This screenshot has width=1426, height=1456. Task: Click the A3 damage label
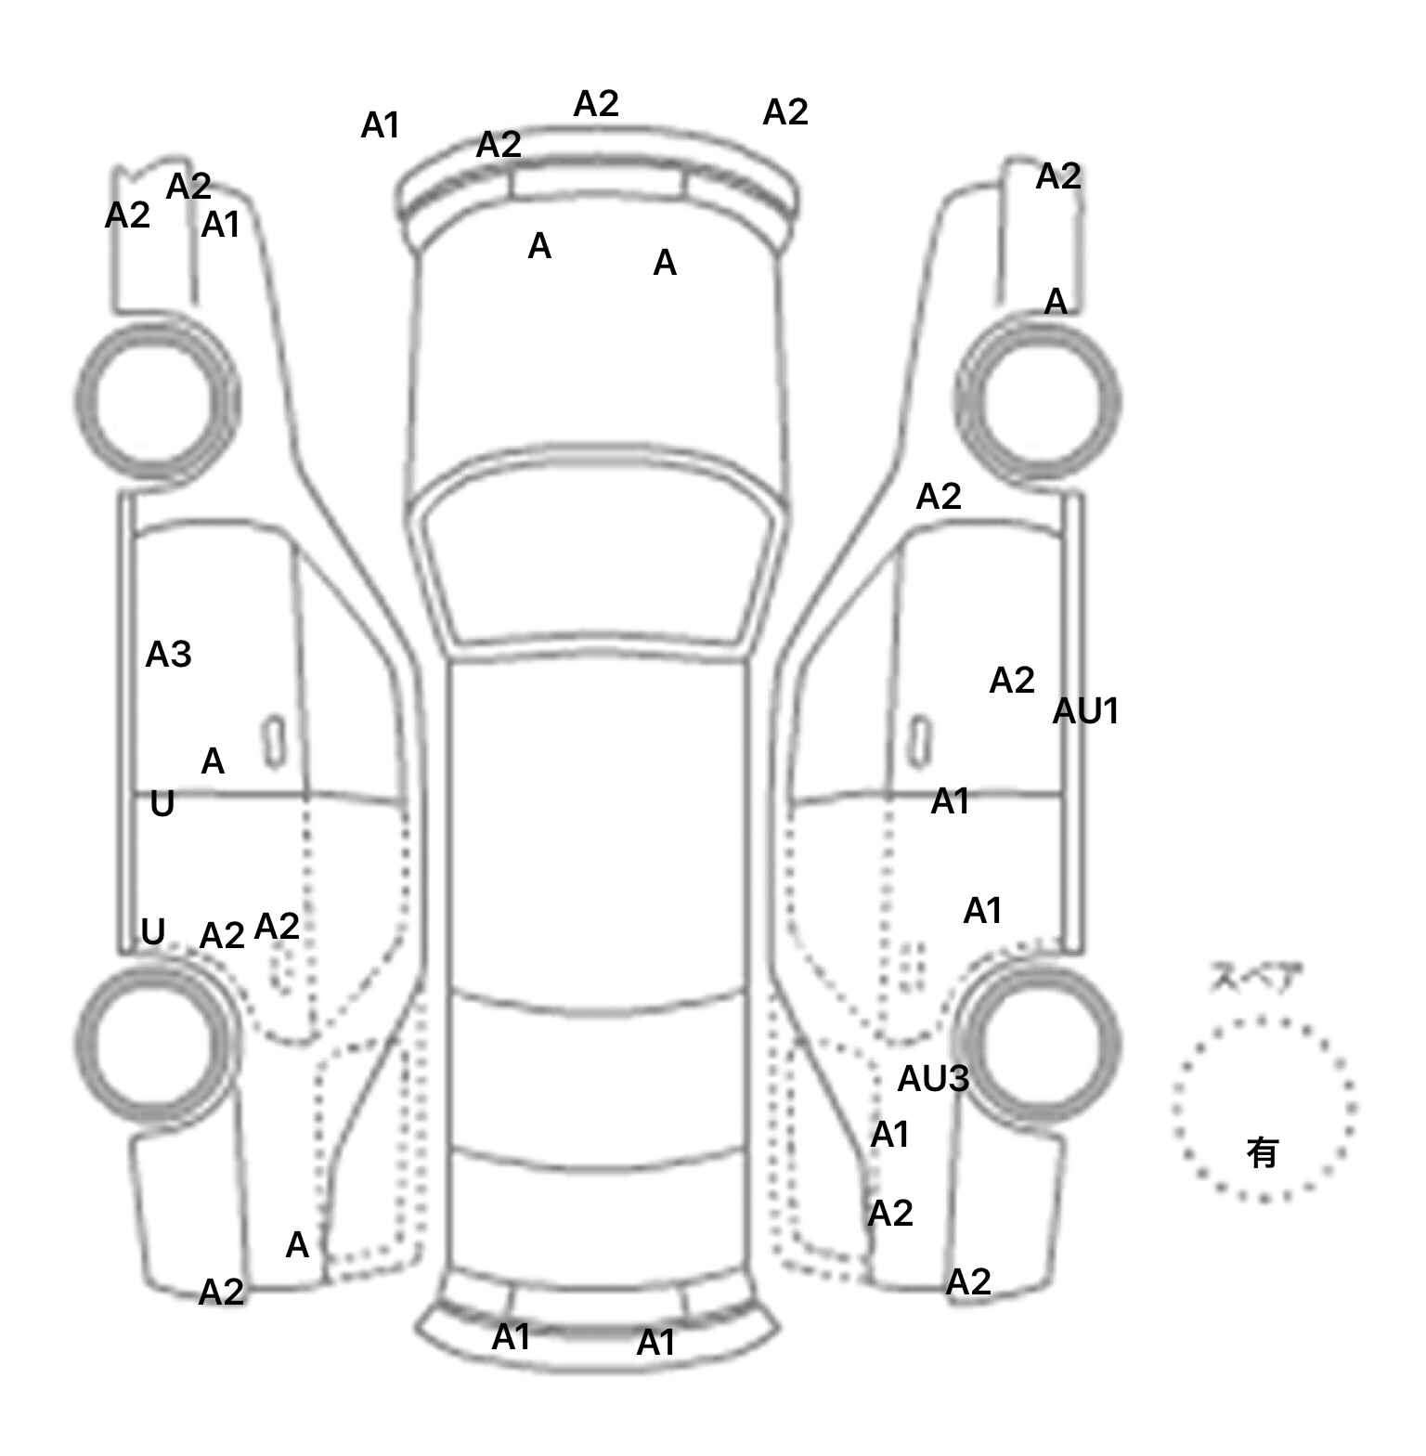(x=168, y=655)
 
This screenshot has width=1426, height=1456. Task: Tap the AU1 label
(x=1085, y=711)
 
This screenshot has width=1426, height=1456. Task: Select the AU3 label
(x=933, y=1078)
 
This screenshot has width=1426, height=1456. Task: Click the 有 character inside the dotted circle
(x=1262, y=1152)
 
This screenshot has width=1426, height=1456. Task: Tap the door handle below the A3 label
(x=273, y=742)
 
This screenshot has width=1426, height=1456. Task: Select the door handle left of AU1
(x=919, y=742)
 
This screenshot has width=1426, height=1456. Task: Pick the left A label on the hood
(x=539, y=246)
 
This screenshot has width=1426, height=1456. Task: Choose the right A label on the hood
(x=665, y=264)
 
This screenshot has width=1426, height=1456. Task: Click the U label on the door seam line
(x=162, y=803)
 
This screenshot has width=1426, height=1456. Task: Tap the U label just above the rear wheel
(x=153, y=930)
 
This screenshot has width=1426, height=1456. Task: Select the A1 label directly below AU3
(x=889, y=1135)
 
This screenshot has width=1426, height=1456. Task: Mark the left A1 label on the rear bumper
(x=511, y=1337)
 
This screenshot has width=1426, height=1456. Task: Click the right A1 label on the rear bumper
(x=655, y=1343)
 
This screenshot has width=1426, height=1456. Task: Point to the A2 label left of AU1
(x=1011, y=681)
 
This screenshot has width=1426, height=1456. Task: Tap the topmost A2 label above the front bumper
(x=596, y=104)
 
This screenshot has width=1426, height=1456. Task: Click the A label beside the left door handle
(x=213, y=761)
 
